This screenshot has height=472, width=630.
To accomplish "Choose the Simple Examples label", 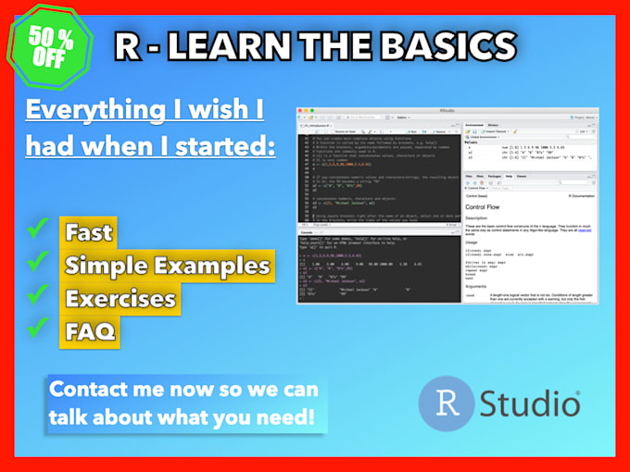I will pos(167,266).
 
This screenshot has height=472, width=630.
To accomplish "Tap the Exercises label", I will pos(120,299).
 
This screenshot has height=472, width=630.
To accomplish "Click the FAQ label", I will pos(91,331).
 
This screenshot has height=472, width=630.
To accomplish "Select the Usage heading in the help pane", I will pos(473,243).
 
